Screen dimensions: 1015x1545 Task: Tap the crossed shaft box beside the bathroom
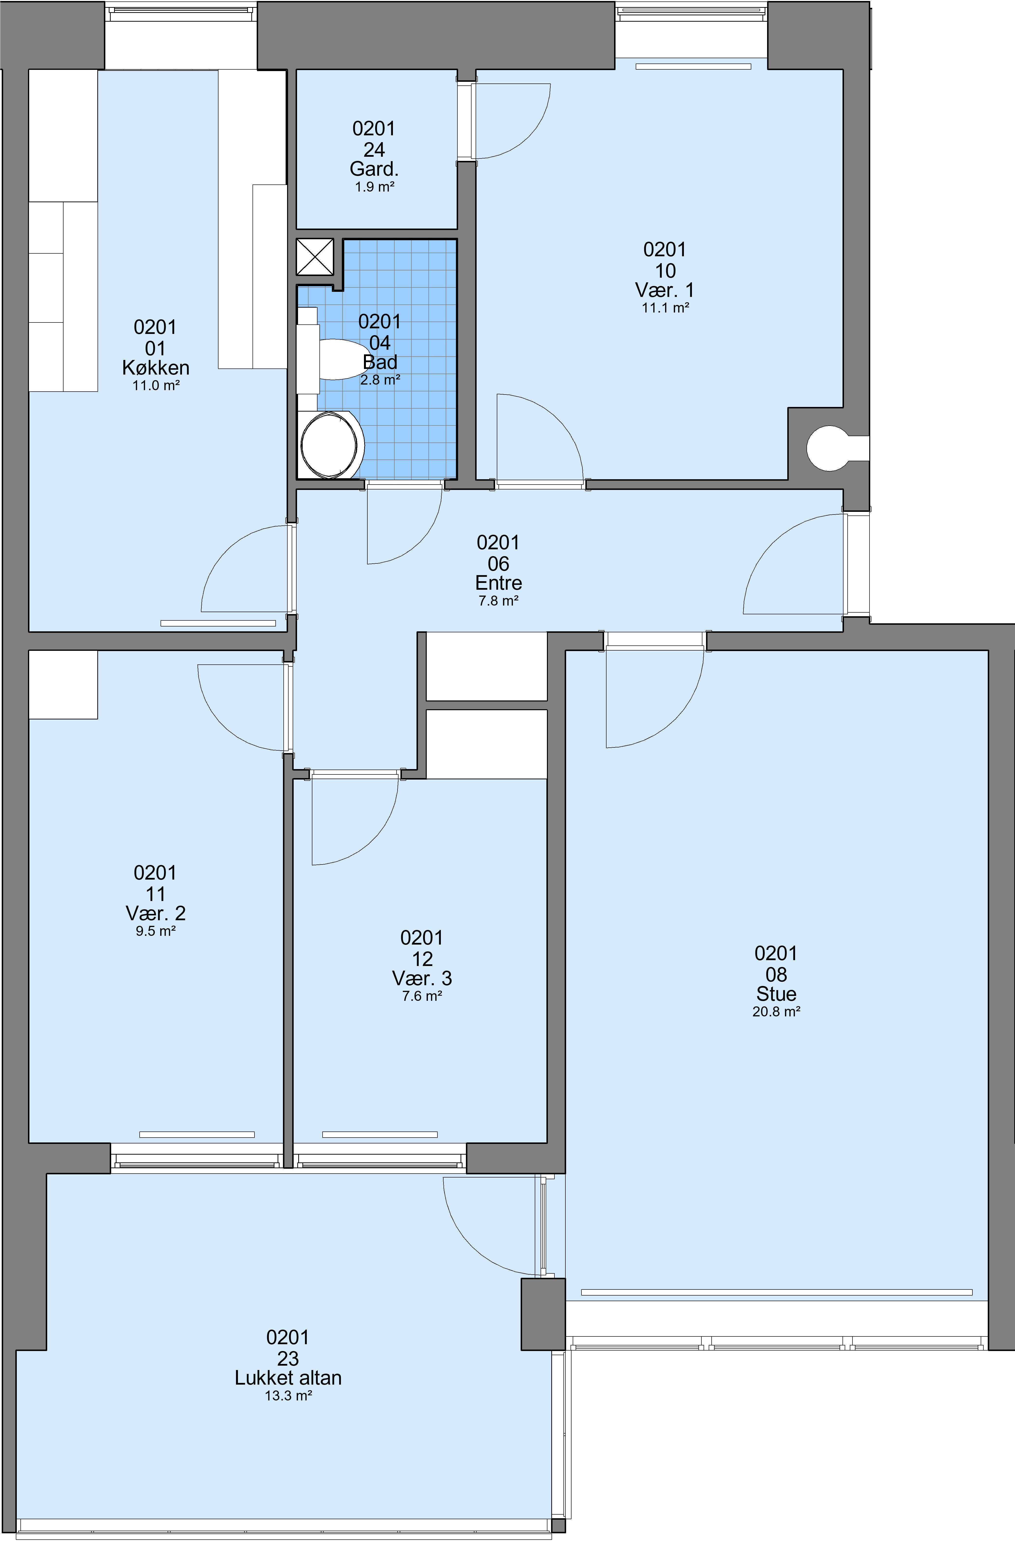(x=315, y=257)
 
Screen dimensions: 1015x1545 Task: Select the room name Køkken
(x=156, y=368)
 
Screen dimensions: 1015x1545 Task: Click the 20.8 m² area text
(x=776, y=1012)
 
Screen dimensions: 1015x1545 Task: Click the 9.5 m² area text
(x=156, y=931)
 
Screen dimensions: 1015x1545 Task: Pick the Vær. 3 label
(x=422, y=978)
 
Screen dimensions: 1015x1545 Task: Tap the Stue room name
(x=776, y=994)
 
